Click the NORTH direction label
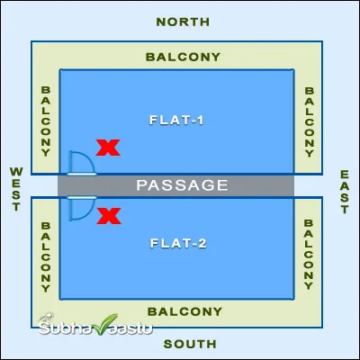pos(183,22)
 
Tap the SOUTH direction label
pos(190,344)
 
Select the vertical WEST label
pos(16,189)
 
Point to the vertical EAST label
pos(345,192)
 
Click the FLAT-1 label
pos(176,121)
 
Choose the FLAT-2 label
pos(178,243)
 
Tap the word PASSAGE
pos(183,185)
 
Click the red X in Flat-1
pos(108,148)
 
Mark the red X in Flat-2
pos(109,216)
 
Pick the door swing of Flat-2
pos(89,213)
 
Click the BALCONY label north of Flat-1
pos(183,57)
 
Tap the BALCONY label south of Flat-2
pos(184,311)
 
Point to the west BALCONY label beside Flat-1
pos(46,121)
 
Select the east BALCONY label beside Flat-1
pos(310,122)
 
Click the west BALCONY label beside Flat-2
pos(46,257)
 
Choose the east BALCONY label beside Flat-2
pos(309,255)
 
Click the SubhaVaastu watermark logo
pos(95,325)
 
